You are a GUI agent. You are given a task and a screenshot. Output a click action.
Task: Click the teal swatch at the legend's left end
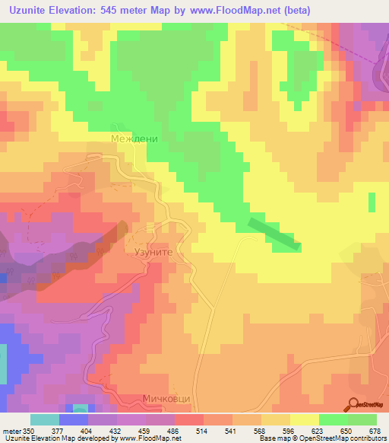[44, 420]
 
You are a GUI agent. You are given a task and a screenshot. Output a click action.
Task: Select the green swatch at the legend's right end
[362, 420]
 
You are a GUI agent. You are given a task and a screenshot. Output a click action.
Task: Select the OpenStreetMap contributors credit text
[343, 438]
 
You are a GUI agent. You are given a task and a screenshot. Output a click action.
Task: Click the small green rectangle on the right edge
[372, 202]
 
